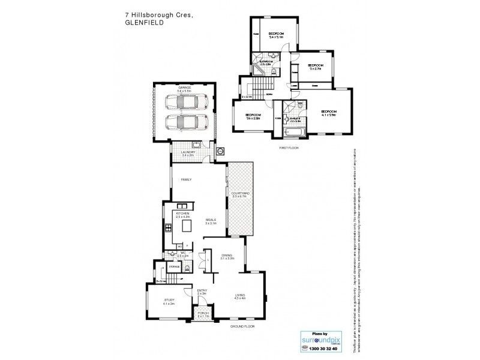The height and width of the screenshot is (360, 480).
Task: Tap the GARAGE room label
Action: (x=184, y=88)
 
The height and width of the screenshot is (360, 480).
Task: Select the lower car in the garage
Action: (x=184, y=122)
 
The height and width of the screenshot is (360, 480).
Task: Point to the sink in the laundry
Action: (x=196, y=145)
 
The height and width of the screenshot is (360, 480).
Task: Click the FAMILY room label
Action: (x=178, y=179)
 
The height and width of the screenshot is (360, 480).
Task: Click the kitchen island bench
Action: (x=187, y=226)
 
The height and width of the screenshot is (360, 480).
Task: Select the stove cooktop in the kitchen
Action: (x=169, y=227)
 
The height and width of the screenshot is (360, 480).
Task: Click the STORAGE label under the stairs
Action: (x=174, y=266)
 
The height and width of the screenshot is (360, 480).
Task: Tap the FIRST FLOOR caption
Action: (x=289, y=147)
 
